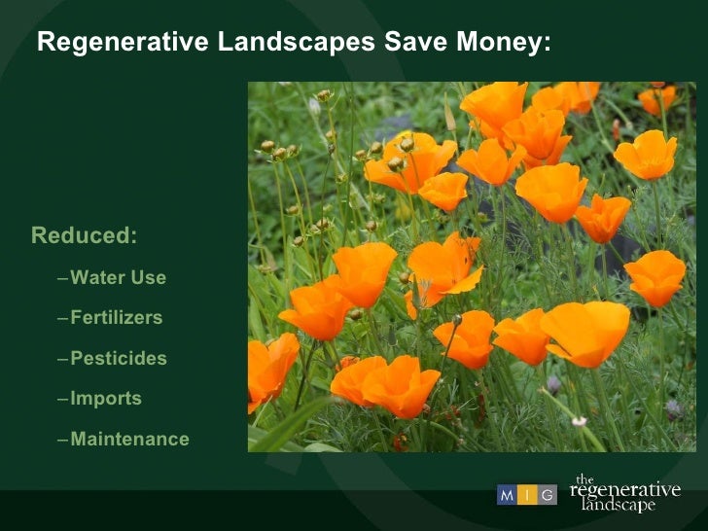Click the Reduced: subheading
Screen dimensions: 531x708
[85, 236]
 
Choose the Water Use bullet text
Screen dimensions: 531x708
[118, 278]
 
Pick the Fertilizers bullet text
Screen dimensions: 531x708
[116, 318]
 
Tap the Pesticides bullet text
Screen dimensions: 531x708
[119, 359]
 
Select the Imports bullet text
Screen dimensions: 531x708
[106, 399]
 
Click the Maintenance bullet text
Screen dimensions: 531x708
[129, 440]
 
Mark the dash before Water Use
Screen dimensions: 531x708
[63, 279]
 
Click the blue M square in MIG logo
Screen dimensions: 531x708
[508, 495]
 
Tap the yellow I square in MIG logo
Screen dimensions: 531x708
[527, 495]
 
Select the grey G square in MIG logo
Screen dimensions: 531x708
[548, 495]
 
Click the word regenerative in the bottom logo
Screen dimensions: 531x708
[625, 491]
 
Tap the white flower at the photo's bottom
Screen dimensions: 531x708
[580, 421]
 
